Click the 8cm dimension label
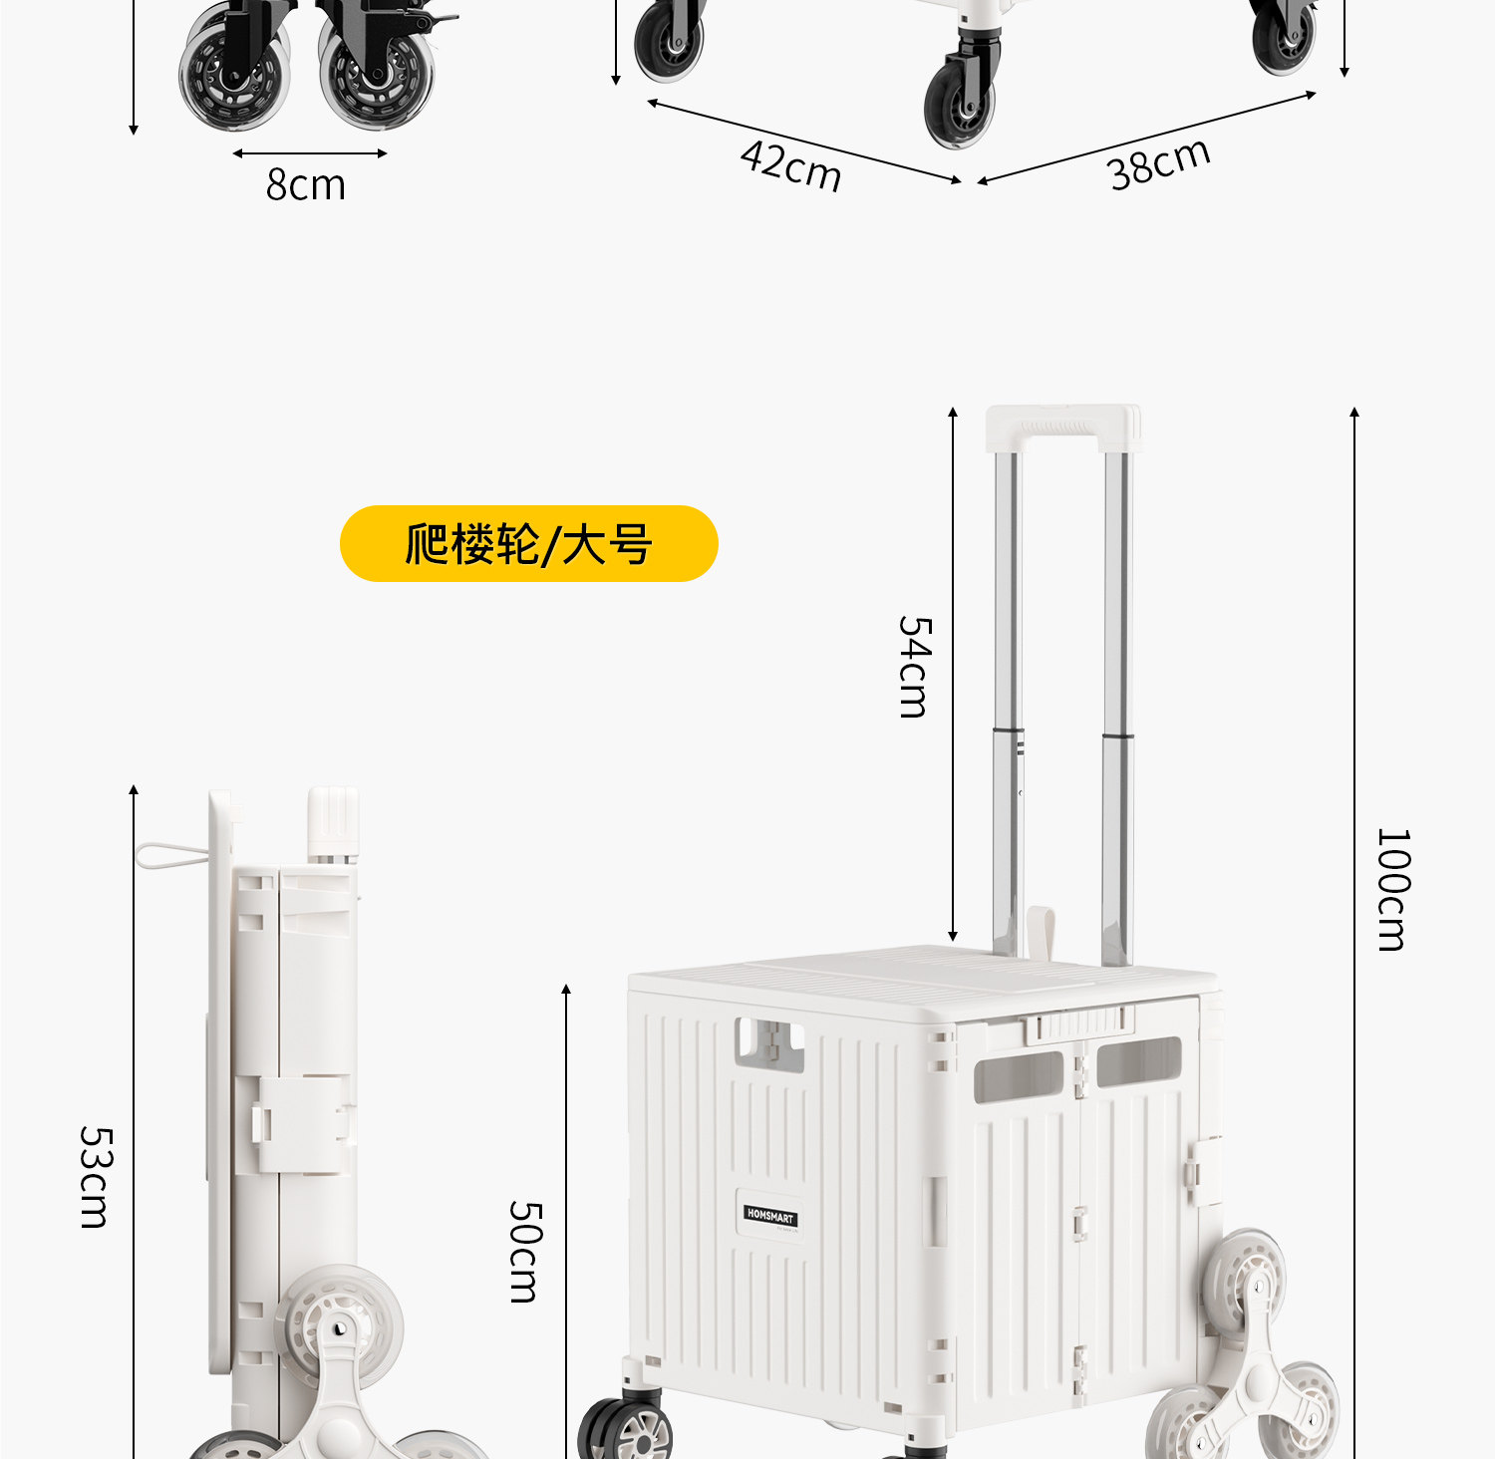[305, 185]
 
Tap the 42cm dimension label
[791, 165]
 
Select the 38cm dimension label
[1159, 163]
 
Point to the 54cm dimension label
[914, 667]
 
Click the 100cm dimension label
[1392, 889]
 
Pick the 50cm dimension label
[525, 1252]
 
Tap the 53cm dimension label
[96, 1177]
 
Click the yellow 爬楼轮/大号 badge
[528, 544]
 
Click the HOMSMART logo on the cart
[770, 1216]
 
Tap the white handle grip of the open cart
[1062, 428]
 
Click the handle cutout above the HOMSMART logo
[769, 1043]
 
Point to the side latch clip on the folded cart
[304, 1123]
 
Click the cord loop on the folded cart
[169, 855]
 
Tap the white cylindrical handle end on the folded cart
[333, 822]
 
